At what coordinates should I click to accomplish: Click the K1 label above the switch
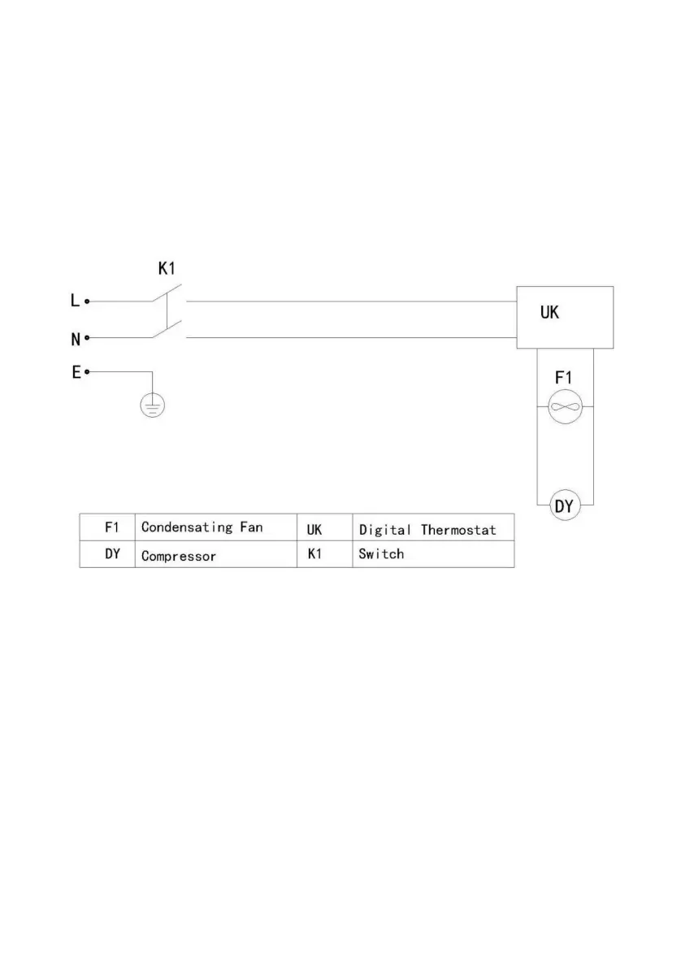coord(166,270)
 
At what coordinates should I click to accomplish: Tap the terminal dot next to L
coord(87,301)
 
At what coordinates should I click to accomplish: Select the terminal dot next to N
coord(87,337)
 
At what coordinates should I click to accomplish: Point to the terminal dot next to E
coord(87,372)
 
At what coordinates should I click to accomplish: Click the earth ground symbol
coord(152,405)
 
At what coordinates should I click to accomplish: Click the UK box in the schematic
coord(565,317)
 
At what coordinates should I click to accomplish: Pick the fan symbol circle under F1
coord(565,406)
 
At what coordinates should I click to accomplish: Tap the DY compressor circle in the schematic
coord(565,506)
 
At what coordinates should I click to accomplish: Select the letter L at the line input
coord(75,301)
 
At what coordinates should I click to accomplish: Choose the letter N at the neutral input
coord(75,338)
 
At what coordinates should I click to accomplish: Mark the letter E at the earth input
coord(76,372)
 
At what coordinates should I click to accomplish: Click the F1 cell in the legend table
coord(112,527)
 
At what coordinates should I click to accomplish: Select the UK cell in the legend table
coord(314,529)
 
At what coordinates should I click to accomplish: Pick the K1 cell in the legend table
coord(314,555)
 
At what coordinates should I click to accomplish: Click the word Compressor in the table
coord(179,557)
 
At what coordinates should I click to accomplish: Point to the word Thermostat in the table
coord(458,530)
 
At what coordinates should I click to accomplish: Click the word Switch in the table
coord(381,554)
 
